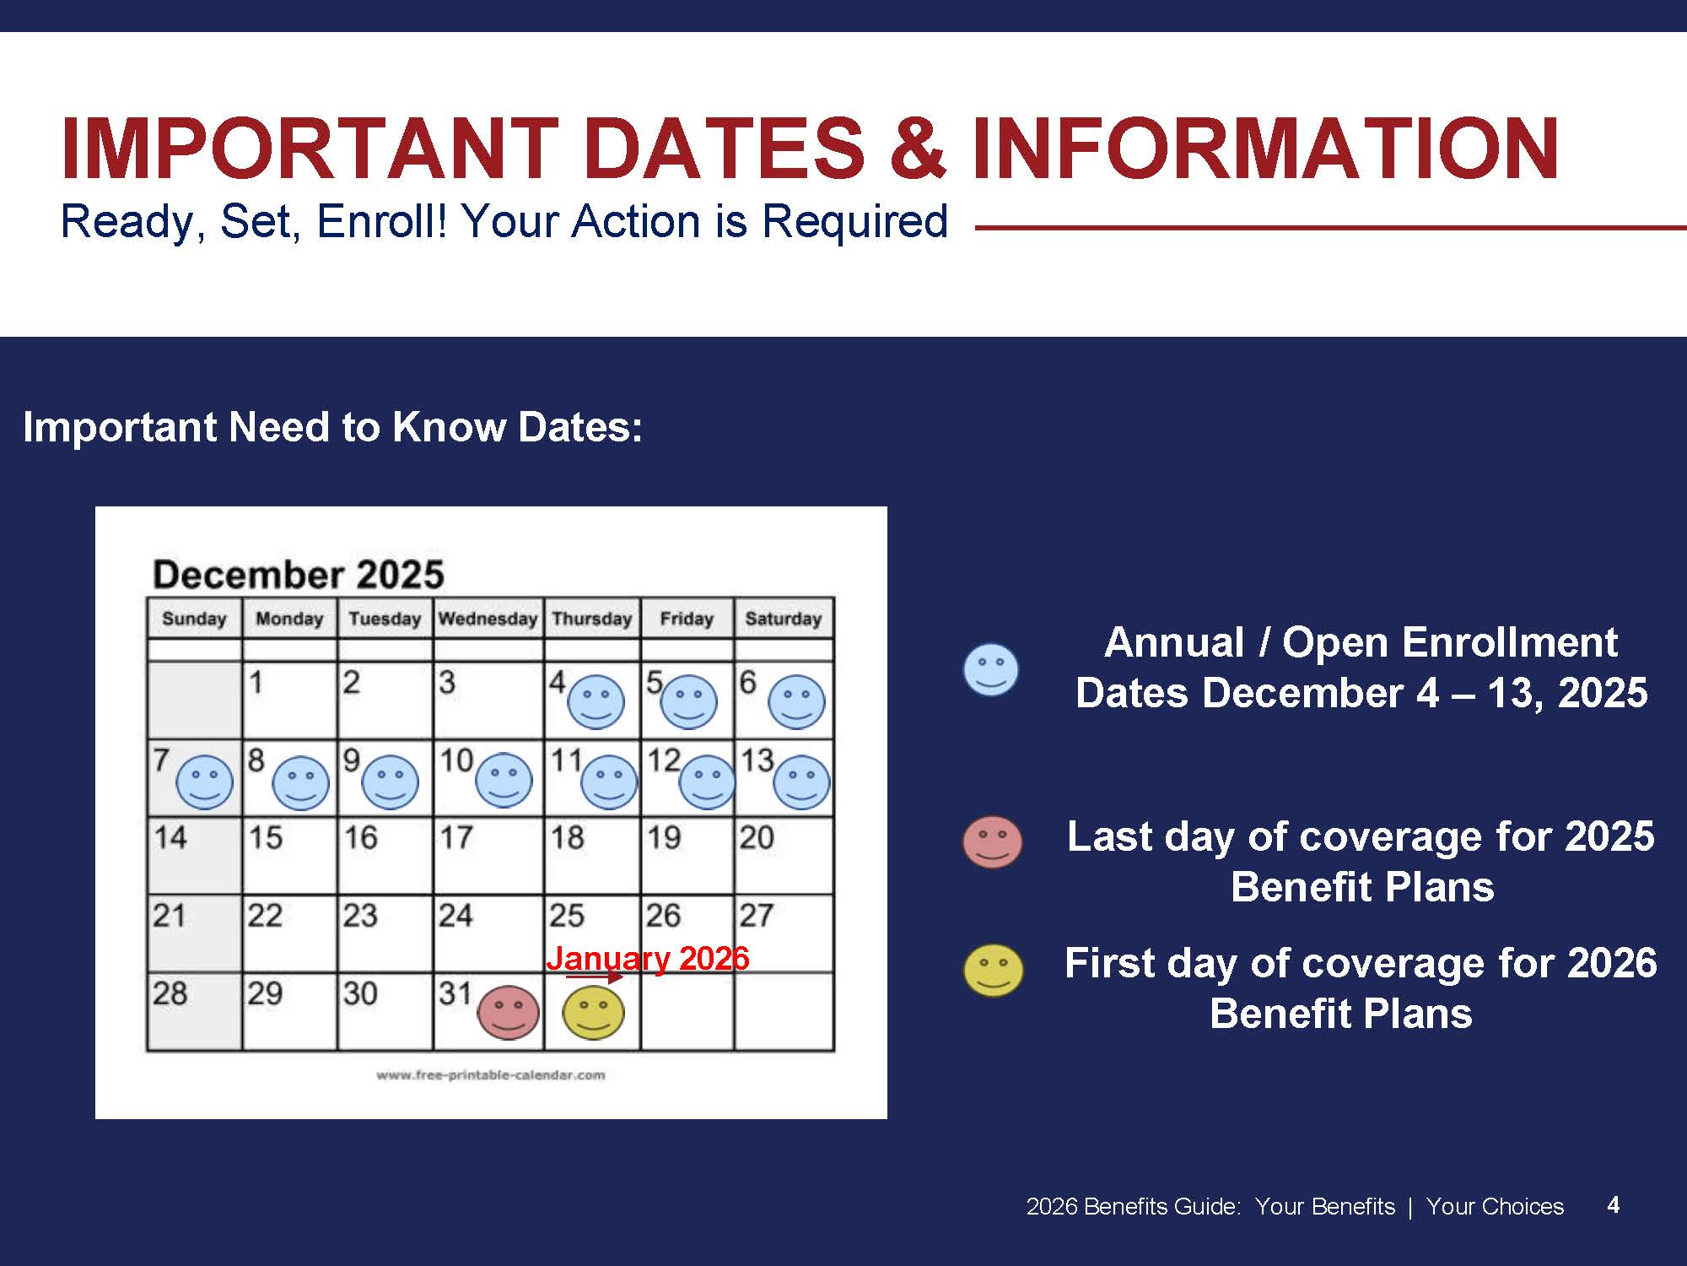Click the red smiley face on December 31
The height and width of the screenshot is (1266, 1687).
pyautogui.click(x=508, y=1012)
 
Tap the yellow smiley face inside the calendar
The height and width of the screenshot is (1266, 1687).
pyautogui.click(x=593, y=1012)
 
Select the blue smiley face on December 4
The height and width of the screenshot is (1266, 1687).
pyautogui.click(x=596, y=701)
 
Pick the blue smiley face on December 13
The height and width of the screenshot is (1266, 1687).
pyautogui.click(x=801, y=782)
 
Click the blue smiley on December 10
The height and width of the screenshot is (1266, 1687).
pyautogui.click(x=504, y=780)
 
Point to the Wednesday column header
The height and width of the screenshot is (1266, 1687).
pyautogui.click(x=488, y=619)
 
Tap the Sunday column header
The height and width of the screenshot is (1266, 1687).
pyautogui.click(x=194, y=619)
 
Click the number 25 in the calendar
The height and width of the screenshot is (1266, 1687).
pyautogui.click(x=567, y=915)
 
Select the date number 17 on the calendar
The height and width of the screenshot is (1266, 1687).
pyautogui.click(x=456, y=837)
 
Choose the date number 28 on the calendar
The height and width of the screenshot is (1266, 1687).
pyautogui.click(x=170, y=993)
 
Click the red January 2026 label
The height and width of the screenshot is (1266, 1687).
pyautogui.click(x=648, y=958)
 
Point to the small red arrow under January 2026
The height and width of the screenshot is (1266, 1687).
pyautogui.click(x=595, y=977)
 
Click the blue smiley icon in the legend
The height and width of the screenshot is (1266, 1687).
pyautogui.click(x=991, y=670)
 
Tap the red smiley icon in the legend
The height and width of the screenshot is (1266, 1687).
pyautogui.click(x=993, y=841)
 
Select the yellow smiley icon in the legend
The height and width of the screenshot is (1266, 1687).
pyautogui.click(x=994, y=971)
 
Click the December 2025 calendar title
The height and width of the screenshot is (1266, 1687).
pyautogui.click(x=299, y=574)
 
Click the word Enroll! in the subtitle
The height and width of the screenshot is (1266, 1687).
pyautogui.click(x=381, y=221)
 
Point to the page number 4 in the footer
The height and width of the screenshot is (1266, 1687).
pyautogui.click(x=1613, y=1204)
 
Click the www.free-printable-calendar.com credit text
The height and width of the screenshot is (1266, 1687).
pyautogui.click(x=491, y=1075)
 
